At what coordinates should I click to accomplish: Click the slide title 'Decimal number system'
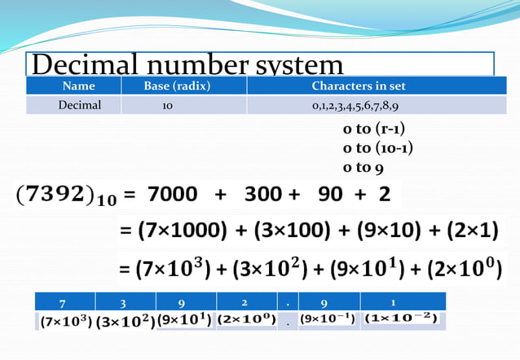pos(187,64)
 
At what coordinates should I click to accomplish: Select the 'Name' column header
pos(79,86)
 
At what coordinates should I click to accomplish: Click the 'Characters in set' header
pos(359,86)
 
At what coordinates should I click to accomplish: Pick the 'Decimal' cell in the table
pos(79,105)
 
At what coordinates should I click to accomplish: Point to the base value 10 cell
pos(166,106)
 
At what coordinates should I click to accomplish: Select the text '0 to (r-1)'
pos(374,130)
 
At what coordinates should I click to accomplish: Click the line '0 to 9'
pos(364,168)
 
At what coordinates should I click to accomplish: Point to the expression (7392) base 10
pos(61,196)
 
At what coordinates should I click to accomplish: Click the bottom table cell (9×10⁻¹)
pos(328,319)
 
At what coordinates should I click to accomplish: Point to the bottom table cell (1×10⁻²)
pos(401,318)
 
